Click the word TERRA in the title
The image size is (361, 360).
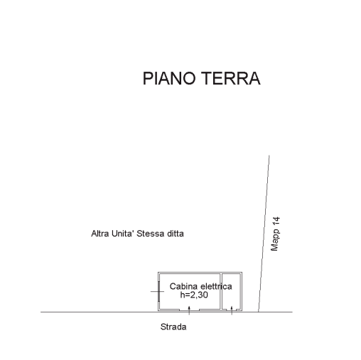coord(231,78)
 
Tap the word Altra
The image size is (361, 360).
coord(100,234)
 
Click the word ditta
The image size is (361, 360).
coord(176,234)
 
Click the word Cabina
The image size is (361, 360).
coord(183,286)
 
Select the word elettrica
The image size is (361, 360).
coord(216,286)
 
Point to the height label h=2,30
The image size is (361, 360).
coord(194,295)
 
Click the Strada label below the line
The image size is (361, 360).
coord(173,327)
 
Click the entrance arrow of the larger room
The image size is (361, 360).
coord(189,310)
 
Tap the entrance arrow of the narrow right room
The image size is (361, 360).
coord(232,310)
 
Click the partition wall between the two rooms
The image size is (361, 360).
coord(221,291)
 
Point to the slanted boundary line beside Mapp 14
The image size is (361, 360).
coord(264,234)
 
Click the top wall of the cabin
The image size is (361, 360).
coord(200,273)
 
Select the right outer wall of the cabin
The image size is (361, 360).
coord(242,291)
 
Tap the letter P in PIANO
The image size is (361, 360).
coord(147,78)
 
